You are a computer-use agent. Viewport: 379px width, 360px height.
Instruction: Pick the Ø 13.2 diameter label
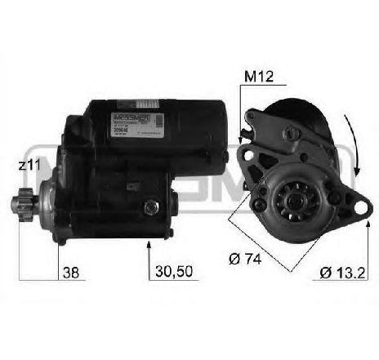coord(337,273)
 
